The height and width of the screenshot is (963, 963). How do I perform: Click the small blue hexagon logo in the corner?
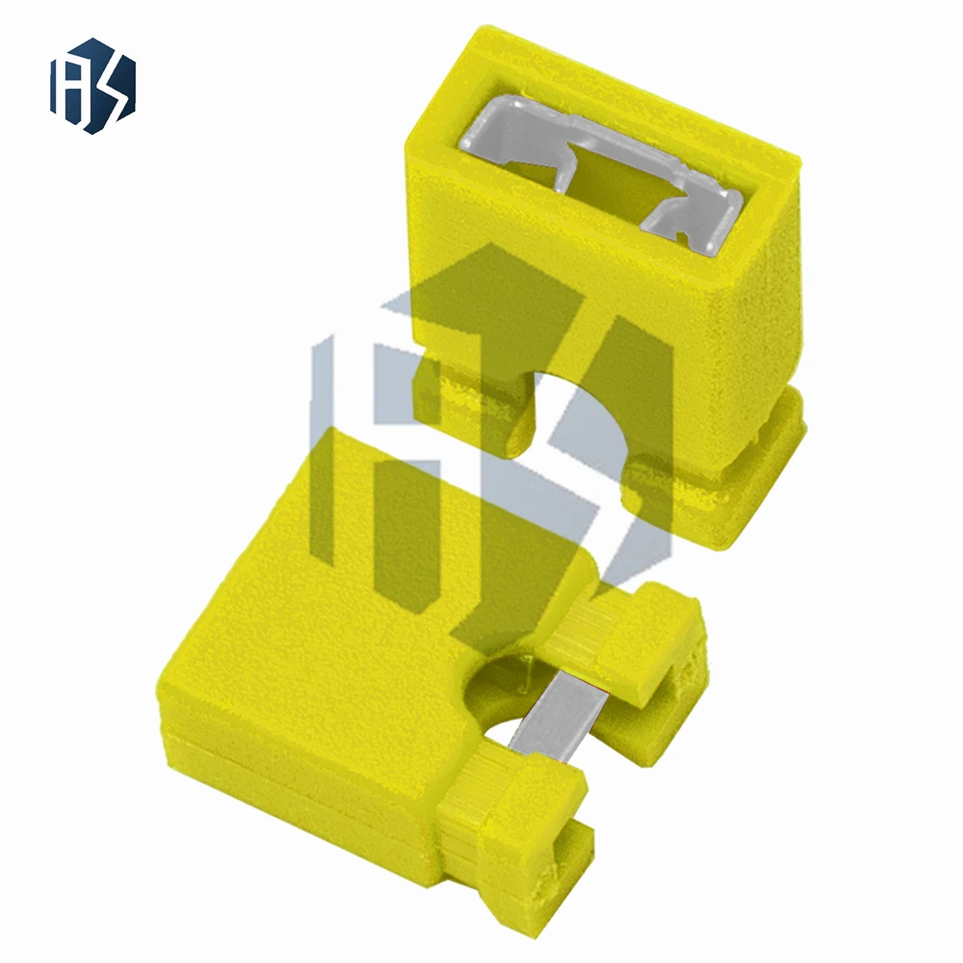[x=92, y=86]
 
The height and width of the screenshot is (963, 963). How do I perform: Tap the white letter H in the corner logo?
[x=75, y=87]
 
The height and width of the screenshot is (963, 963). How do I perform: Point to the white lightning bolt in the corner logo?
[x=111, y=87]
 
